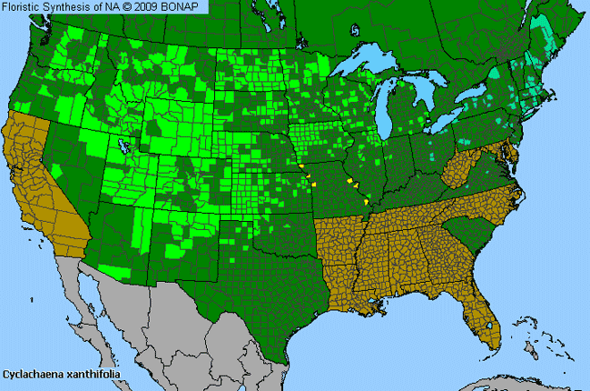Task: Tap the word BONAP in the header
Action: pyautogui.click(x=186, y=6)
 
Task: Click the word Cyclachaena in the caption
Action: pyautogui.click(x=33, y=374)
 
